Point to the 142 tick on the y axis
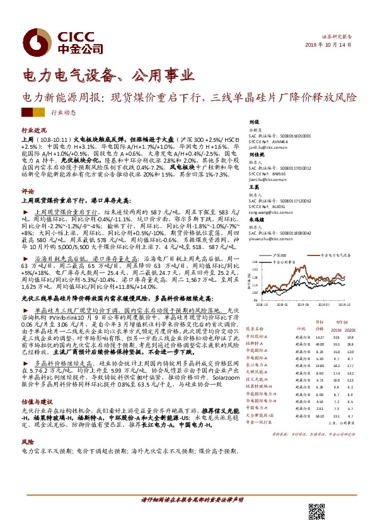pyautogui.click(x=252, y=269)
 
